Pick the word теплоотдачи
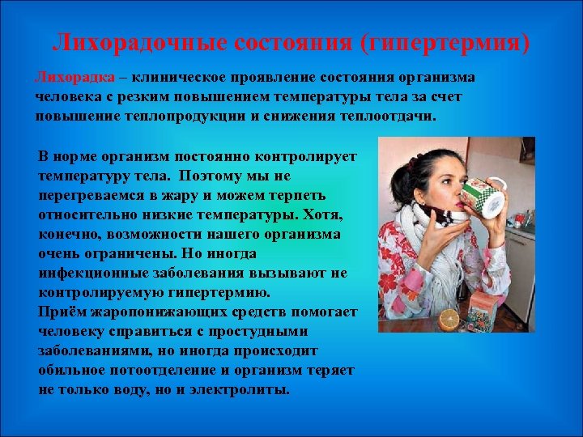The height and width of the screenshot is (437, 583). [381, 116]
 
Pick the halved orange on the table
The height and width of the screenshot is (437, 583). [447, 319]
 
